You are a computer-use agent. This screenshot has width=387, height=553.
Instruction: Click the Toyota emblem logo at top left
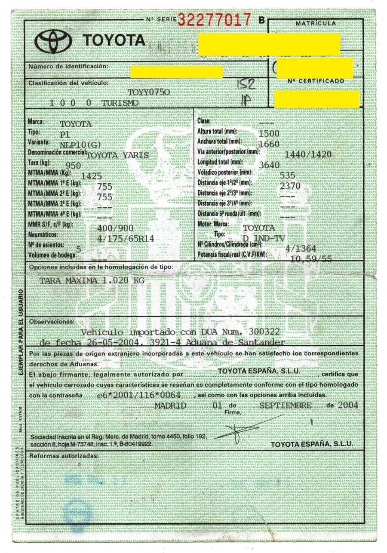coord(53,41)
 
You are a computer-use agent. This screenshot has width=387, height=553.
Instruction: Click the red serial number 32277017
coord(214,19)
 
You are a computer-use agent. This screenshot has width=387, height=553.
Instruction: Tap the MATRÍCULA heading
coord(316,23)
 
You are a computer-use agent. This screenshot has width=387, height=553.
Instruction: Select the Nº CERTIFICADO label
coord(316,81)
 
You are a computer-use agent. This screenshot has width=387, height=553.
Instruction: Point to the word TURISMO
coord(120,103)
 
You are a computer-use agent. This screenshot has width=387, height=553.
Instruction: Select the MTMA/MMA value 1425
coord(92,176)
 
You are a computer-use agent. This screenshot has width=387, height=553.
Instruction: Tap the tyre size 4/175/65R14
coord(126,238)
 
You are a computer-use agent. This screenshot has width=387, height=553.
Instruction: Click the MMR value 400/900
coord(116,228)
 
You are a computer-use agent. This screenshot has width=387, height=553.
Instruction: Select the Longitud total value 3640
coord(270,165)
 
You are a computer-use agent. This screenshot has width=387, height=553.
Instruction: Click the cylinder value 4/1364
coord(301,249)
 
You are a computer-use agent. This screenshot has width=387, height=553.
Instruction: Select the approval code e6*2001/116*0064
coord(139,395)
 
